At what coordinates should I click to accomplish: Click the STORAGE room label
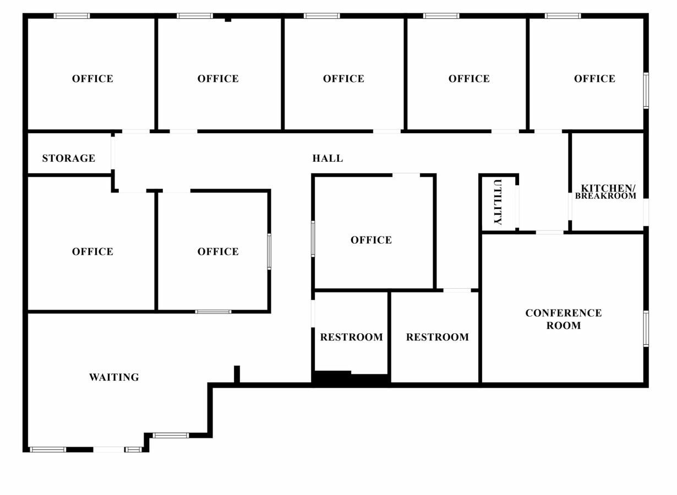[x=69, y=158]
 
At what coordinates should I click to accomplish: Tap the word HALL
[x=327, y=158]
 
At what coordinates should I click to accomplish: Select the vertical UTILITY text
[x=498, y=202]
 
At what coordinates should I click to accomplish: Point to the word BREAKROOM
[x=605, y=196]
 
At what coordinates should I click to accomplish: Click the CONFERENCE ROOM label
[x=563, y=319]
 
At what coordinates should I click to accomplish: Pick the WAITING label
[x=114, y=377]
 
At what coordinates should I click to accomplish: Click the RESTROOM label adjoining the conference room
[x=438, y=337]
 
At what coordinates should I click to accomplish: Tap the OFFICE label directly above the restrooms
[x=372, y=240]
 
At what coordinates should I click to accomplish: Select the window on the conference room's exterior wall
[x=646, y=328]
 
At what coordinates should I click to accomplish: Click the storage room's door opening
[x=113, y=153]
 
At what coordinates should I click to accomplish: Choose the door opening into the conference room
[x=549, y=233]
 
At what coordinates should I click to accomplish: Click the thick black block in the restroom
[x=332, y=378]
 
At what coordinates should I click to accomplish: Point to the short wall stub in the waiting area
[x=237, y=374]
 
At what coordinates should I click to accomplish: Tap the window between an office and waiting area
[x=213, y=312]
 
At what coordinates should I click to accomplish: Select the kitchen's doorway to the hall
[x=570, y=206]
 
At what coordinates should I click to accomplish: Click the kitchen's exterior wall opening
[x=646, y=212]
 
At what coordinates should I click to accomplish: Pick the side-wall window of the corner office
[x=646, y=90]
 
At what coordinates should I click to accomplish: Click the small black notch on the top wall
[x=228, y=20]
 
